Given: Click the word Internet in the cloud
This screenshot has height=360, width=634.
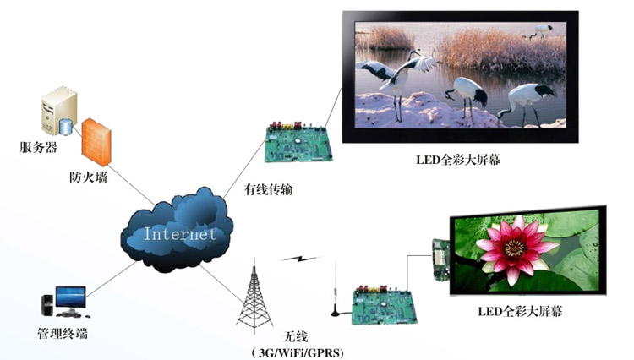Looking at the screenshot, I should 179,234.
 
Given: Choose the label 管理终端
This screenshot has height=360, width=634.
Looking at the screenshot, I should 64,332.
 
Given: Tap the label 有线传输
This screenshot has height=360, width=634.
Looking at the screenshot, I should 268,188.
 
